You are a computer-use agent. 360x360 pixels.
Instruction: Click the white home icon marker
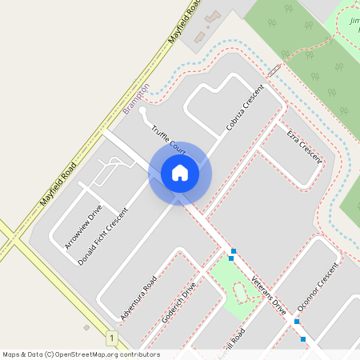tap(180, 173)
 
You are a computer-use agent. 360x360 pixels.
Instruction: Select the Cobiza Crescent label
tap(245, 108)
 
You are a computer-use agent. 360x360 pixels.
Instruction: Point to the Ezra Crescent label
tap(304, 145)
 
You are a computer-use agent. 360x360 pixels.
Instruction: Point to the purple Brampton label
tap(137, 98)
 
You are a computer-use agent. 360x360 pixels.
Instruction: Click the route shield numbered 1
tap(110, 338)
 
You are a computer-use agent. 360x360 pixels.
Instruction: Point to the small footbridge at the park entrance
tap(274, 70)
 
